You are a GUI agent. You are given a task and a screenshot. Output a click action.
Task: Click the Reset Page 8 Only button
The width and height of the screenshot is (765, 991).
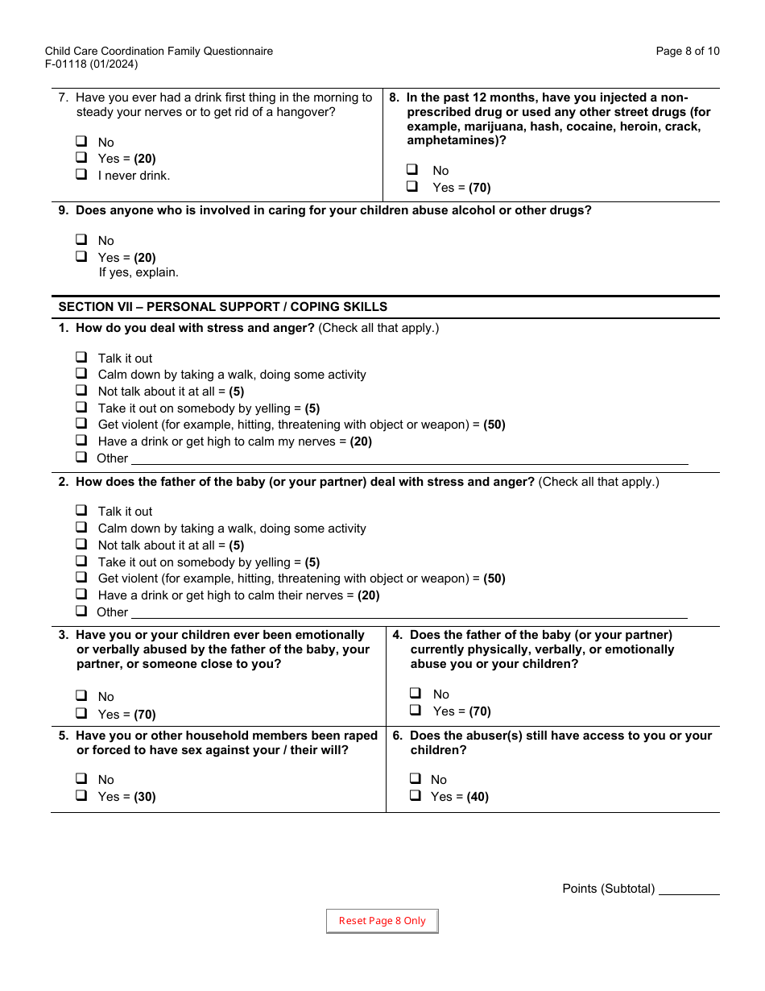tap(382, 921)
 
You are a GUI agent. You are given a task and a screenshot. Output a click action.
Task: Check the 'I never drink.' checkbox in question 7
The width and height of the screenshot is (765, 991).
tap(81, 175)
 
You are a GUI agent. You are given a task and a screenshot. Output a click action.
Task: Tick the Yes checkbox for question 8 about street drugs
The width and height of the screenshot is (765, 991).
tap(412, 186)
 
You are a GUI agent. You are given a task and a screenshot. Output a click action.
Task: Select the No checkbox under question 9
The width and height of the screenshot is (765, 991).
tap(81, 240)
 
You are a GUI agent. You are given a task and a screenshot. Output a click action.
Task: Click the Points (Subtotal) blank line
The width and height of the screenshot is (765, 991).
tap(688, 889)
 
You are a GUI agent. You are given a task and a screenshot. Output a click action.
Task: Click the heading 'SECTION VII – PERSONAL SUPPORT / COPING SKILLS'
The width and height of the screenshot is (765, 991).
tap(223, 307)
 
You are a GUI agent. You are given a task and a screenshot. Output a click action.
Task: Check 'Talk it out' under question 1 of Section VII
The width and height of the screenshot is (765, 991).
tap(81, 358)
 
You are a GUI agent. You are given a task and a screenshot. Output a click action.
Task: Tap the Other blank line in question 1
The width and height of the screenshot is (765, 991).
tap(409, 458)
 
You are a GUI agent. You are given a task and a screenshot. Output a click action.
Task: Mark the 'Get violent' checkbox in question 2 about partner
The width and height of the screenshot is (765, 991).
tap(81, 578)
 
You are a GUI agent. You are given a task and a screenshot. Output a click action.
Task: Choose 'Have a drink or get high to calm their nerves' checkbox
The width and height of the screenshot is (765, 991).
tap(81, 595)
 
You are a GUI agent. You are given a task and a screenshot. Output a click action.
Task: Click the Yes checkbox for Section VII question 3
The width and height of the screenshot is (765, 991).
tap(81, 714)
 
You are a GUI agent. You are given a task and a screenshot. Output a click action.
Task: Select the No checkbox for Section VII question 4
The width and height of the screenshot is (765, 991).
tap(416, 694)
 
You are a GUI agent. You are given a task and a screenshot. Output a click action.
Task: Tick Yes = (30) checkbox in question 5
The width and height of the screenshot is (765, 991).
tap(81, 796)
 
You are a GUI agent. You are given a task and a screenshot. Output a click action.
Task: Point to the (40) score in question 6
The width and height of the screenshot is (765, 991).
tap(478, 797)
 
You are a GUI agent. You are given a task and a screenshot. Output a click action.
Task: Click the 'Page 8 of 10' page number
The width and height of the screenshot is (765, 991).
tap(688, 52)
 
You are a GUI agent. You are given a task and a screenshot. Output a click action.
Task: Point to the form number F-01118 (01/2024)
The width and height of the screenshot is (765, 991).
tap(91, 64)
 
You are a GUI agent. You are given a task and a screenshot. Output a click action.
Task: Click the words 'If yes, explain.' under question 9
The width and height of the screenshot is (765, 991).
tap(139, 272)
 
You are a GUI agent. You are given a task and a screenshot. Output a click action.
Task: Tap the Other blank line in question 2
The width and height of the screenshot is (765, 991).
tap(409, 612)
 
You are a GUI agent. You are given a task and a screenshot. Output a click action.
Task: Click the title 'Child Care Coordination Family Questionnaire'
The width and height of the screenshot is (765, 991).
tap(159, 52)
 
